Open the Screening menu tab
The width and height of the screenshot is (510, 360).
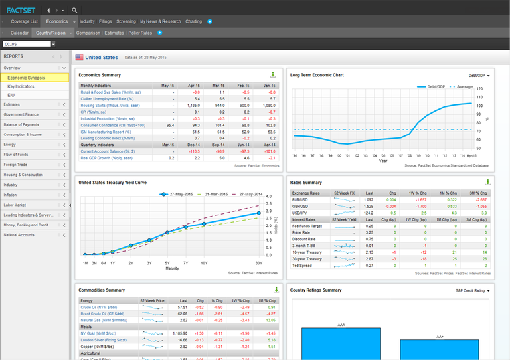coord(126,21)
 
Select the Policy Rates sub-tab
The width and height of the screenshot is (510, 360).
coord(140,33)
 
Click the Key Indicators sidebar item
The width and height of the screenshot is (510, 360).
coord(21,86)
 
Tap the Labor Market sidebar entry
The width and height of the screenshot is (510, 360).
coord(16,205)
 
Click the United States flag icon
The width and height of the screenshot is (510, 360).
coord(79,58)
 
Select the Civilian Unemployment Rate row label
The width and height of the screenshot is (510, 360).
coord(107,98)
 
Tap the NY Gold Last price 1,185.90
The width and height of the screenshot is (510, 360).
coord(179,332)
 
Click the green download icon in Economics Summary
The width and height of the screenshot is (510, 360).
coord(273,75)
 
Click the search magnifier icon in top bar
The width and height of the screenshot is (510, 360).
coord(74,10)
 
